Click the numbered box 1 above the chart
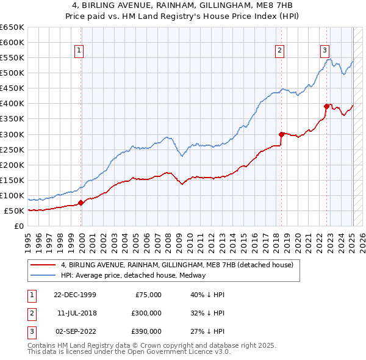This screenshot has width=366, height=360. click(80, 51)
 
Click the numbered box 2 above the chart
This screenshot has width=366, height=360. click(279, 51)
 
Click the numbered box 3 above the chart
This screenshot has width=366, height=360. click(325, 51)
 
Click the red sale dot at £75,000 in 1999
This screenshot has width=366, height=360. click(81, 203)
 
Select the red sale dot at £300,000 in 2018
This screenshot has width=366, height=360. click(281, 134)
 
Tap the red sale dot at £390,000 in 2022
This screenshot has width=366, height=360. click(326, 106)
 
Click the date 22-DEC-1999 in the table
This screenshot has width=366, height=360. click(75, 295)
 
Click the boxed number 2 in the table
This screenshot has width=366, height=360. click(31, 313)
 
